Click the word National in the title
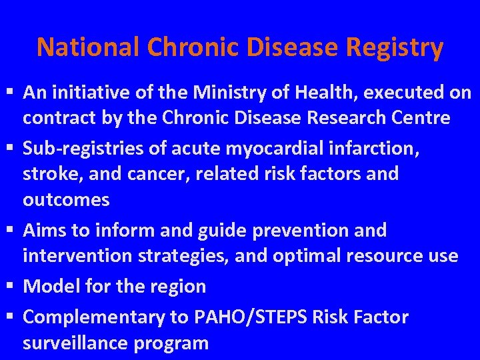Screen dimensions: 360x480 [x=88, y=47]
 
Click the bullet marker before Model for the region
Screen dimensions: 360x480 [x=9, y=287]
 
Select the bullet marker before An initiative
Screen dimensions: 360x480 [x=9, y=93]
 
